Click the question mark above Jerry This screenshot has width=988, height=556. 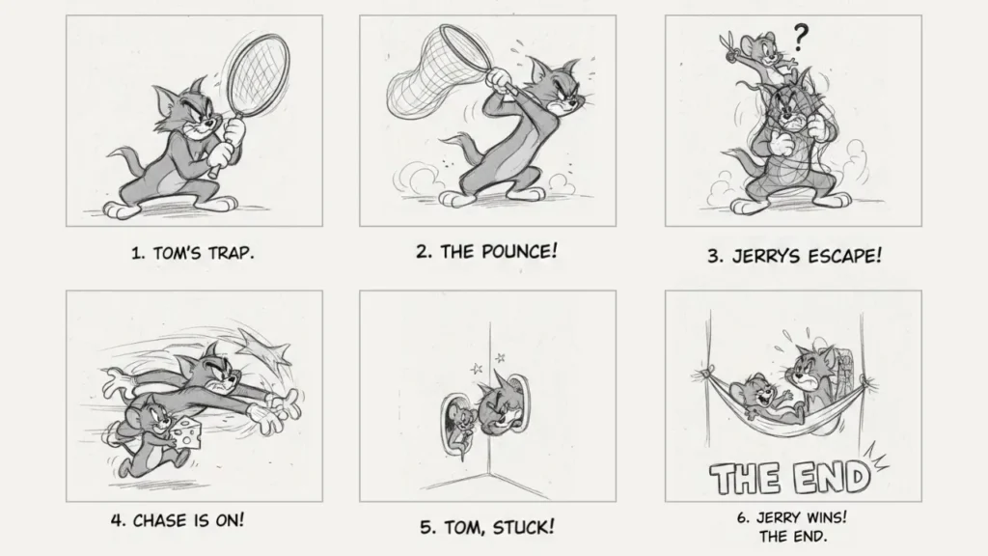click(x=800, y=38)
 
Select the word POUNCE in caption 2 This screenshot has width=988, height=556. click(x=520, y=252)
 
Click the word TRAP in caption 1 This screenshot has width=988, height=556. click(x=232, y=254)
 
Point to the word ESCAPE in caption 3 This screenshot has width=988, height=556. click(x=845, y=256)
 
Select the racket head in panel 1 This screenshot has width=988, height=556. click(x=257, y=75)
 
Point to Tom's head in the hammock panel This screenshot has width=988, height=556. click(x=810, y=369)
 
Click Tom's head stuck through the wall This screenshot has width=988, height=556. click(x=497, y=406)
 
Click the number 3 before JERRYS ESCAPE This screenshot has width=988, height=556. click(x=715, y=257)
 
